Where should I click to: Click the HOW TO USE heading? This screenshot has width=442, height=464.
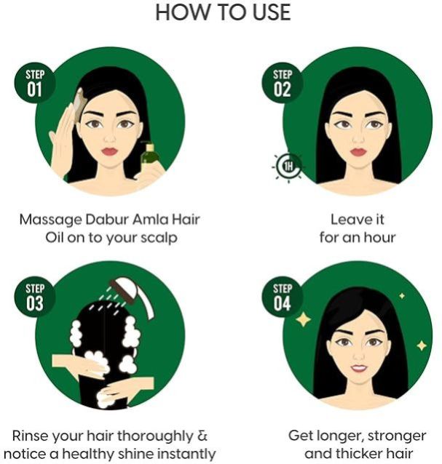(x=223, y=12)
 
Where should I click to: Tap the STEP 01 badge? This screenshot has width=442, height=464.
(x=35, y=83)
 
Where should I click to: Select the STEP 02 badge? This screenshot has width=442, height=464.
(x=282, y=83)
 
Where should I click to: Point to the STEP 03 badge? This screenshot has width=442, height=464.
(x=35, y=297)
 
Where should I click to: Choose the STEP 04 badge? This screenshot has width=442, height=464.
(x=282, y=297)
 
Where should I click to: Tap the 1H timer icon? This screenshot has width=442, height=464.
(x=288, y=167)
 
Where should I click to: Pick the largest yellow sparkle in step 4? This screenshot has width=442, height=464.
(x=303, y=319)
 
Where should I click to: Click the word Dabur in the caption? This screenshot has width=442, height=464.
(x=107, y=220)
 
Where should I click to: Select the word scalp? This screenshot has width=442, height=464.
(x=159, y=239)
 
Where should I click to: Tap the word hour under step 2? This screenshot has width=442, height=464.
(x=379, y=237)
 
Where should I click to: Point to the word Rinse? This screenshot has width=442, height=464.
(x=31, y=436)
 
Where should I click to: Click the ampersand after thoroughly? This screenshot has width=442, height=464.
(x=202, y=436)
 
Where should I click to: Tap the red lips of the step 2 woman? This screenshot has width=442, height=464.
(x=358, y=151)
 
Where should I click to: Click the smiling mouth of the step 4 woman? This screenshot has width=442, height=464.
(x=359, y=368)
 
